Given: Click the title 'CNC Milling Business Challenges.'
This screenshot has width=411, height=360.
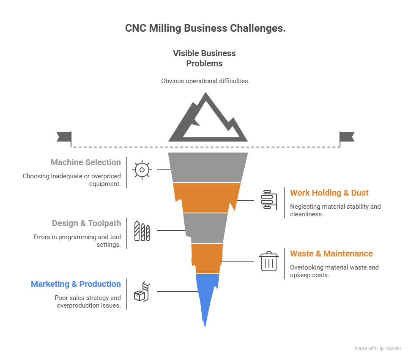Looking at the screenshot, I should tap(205, 29).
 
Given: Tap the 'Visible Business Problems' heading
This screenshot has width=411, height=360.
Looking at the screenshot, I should tap(205, 58).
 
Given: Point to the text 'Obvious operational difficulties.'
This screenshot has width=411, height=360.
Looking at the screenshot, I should tap(205, 81).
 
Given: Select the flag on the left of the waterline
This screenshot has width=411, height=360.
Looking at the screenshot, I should tap(63, 136).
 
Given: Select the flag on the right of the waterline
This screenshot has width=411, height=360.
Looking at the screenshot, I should tap(347, 136).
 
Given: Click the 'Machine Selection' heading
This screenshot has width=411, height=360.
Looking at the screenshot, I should tap(85, 162).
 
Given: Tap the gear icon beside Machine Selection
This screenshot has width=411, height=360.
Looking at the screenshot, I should tap(142, 169).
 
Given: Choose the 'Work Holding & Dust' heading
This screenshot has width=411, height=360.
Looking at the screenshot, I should tap(329, 193).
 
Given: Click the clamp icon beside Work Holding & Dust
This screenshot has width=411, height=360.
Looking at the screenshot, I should tap(269, 199).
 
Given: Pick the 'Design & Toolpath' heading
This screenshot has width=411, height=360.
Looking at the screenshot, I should tap(86, 223).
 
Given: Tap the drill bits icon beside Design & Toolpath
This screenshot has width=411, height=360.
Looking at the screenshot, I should tap(142, 231).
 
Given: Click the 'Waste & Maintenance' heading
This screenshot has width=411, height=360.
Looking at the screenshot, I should tap(331, 254).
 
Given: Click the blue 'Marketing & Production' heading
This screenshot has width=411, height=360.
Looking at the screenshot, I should tap(76, 284).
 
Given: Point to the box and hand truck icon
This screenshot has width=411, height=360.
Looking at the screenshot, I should tap(142, 292).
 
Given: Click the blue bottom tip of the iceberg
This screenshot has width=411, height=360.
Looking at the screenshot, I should tap(207, 296).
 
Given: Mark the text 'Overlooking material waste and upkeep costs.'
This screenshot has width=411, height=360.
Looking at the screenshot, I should tap(334, 271).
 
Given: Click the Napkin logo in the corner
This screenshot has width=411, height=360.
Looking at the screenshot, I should tap(390, 349).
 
